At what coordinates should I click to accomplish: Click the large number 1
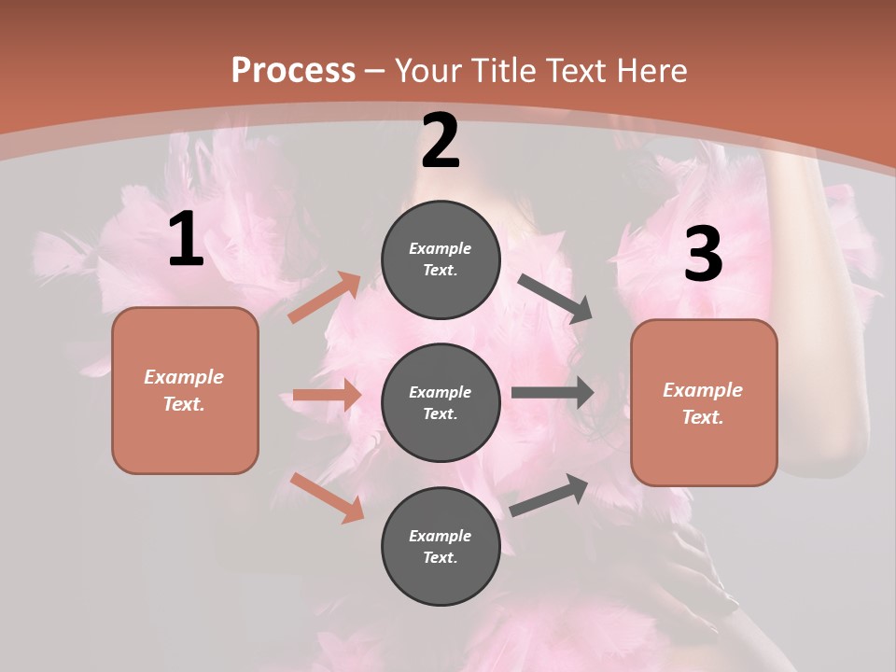(186, 240)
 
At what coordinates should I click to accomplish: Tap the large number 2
(441, 141)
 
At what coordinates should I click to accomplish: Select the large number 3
(703, 254)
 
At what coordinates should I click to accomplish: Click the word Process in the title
(293, 70)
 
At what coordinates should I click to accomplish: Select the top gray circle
(441, 259)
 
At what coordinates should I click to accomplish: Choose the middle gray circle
(441, 402)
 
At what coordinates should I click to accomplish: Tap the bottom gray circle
(441, 546)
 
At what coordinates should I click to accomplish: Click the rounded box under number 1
(185, 390)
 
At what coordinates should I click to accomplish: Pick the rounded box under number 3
(704, 402)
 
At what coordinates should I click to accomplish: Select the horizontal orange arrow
(327, 395)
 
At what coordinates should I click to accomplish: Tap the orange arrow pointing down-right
(328, 497)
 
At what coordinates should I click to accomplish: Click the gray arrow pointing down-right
(555, 299)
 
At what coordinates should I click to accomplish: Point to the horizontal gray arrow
(553, 392)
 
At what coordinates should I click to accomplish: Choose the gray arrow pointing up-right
(549, 495)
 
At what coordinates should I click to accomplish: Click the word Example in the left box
(184, 377)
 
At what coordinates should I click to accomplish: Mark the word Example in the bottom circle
(441, 536)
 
